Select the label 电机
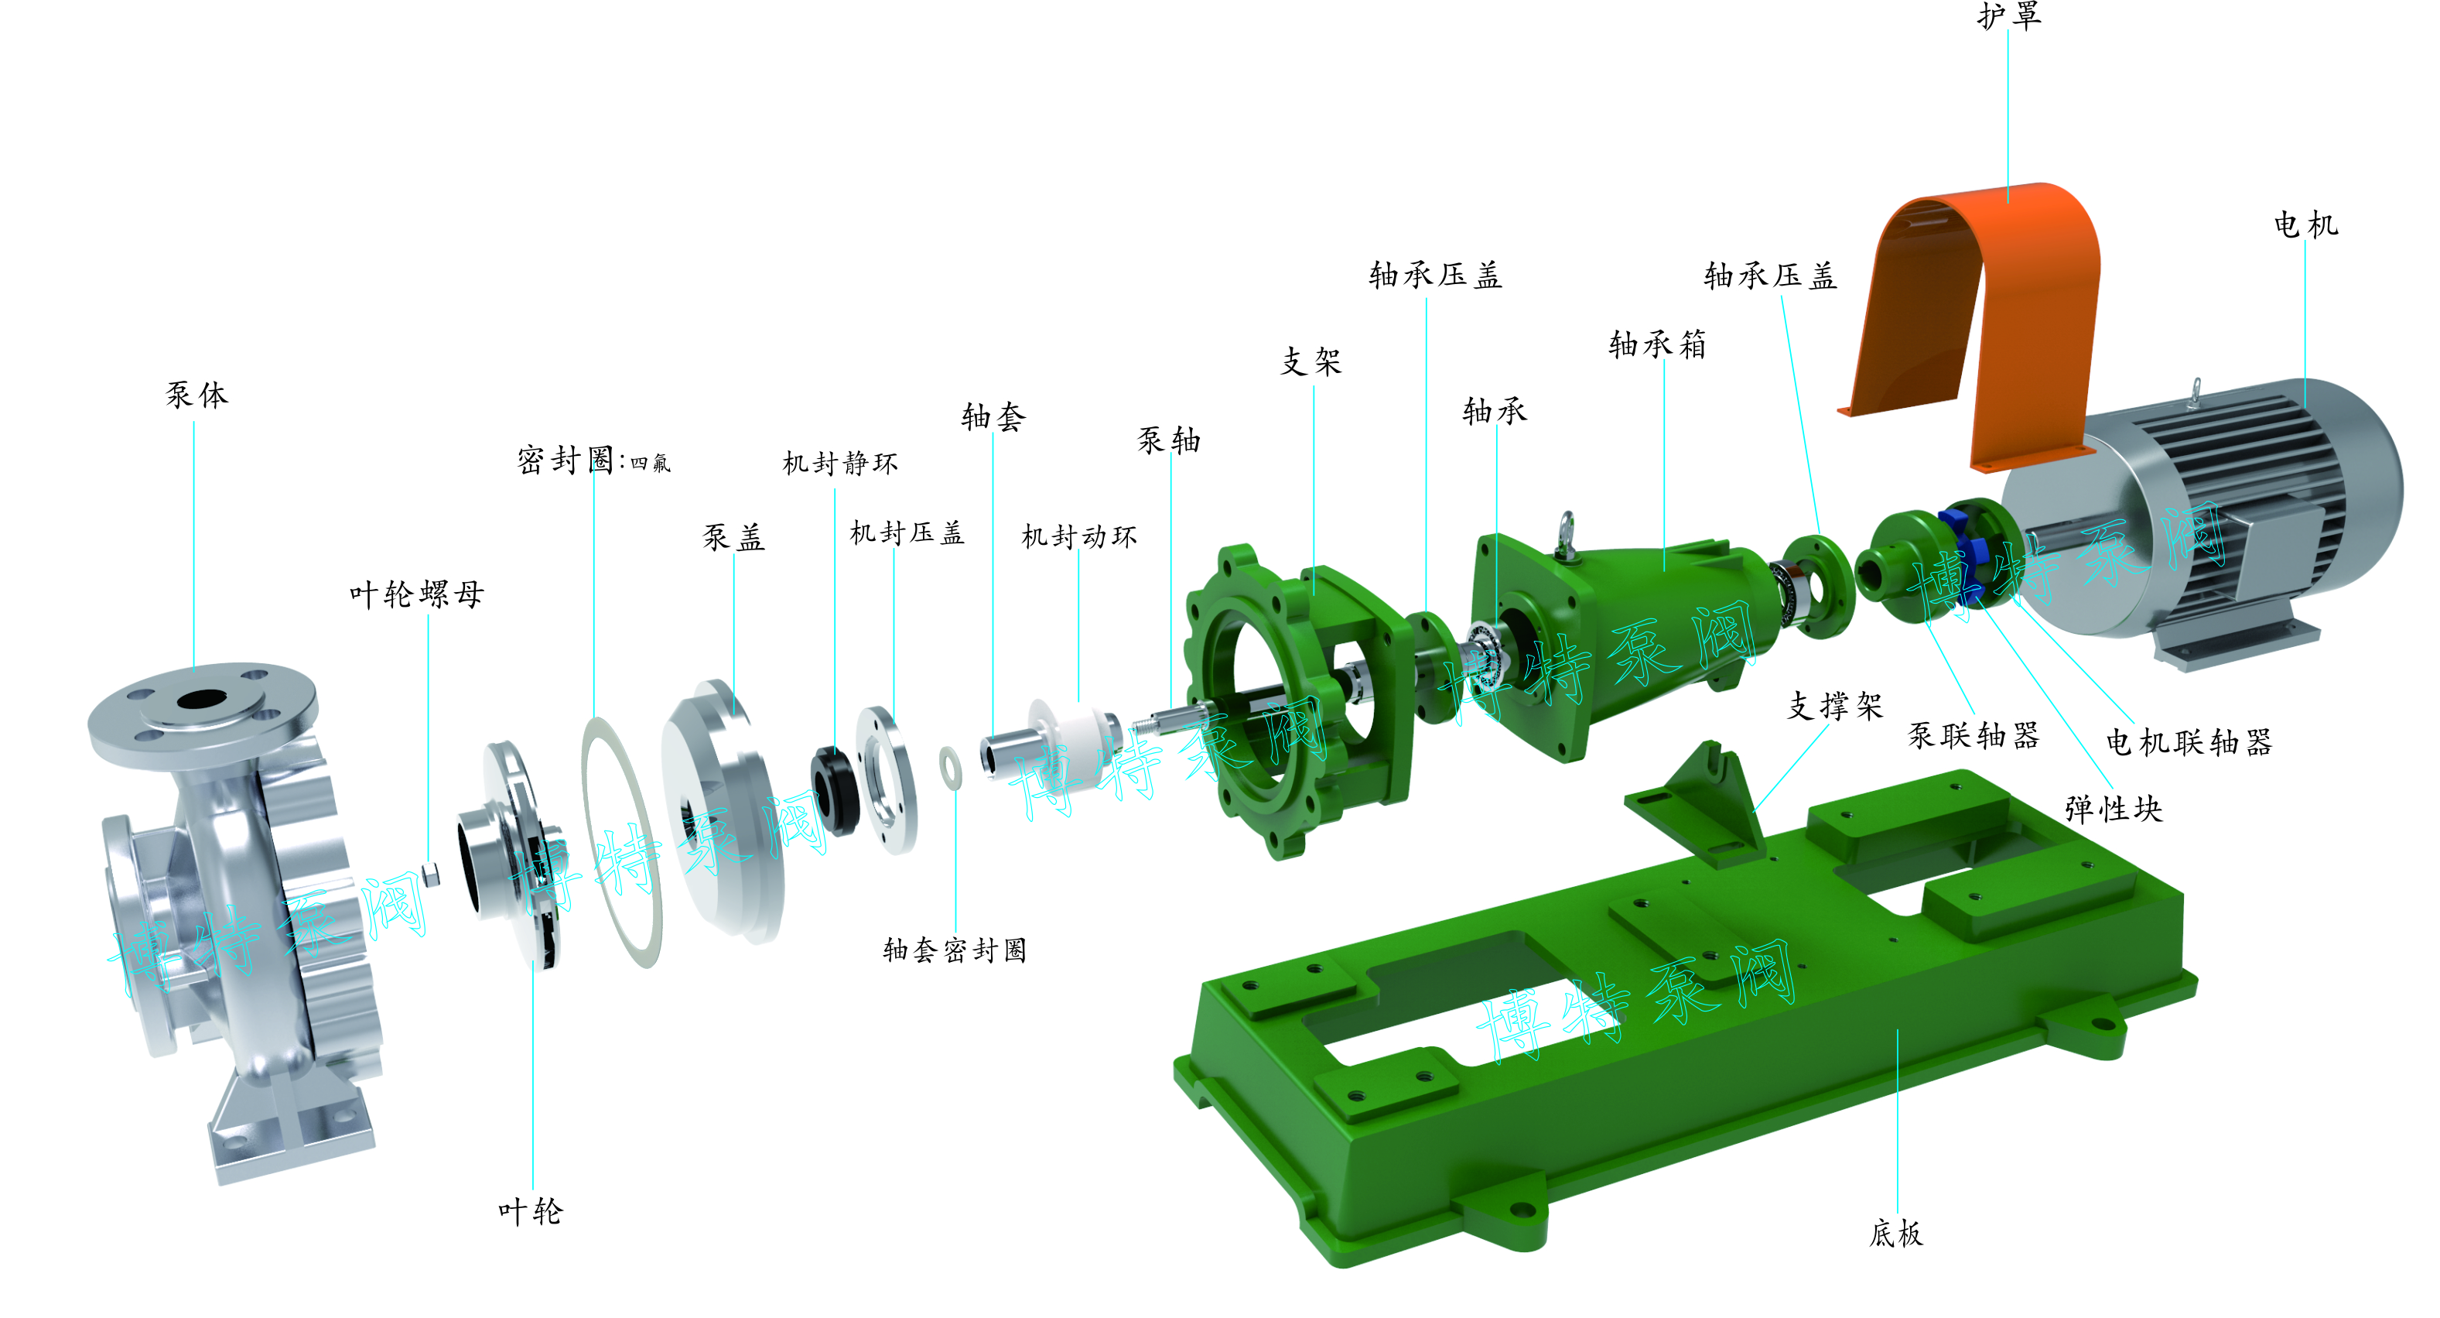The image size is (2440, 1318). coord(2305,224)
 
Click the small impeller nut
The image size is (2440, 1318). coord(431,874)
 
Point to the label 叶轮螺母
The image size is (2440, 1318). coord(417,594)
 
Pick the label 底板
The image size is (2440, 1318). coord(1895,1233)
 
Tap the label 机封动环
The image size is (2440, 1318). coord(1079,536)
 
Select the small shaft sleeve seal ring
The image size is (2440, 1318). coord(951,768)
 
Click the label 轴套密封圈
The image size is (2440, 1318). coord(955,950)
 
